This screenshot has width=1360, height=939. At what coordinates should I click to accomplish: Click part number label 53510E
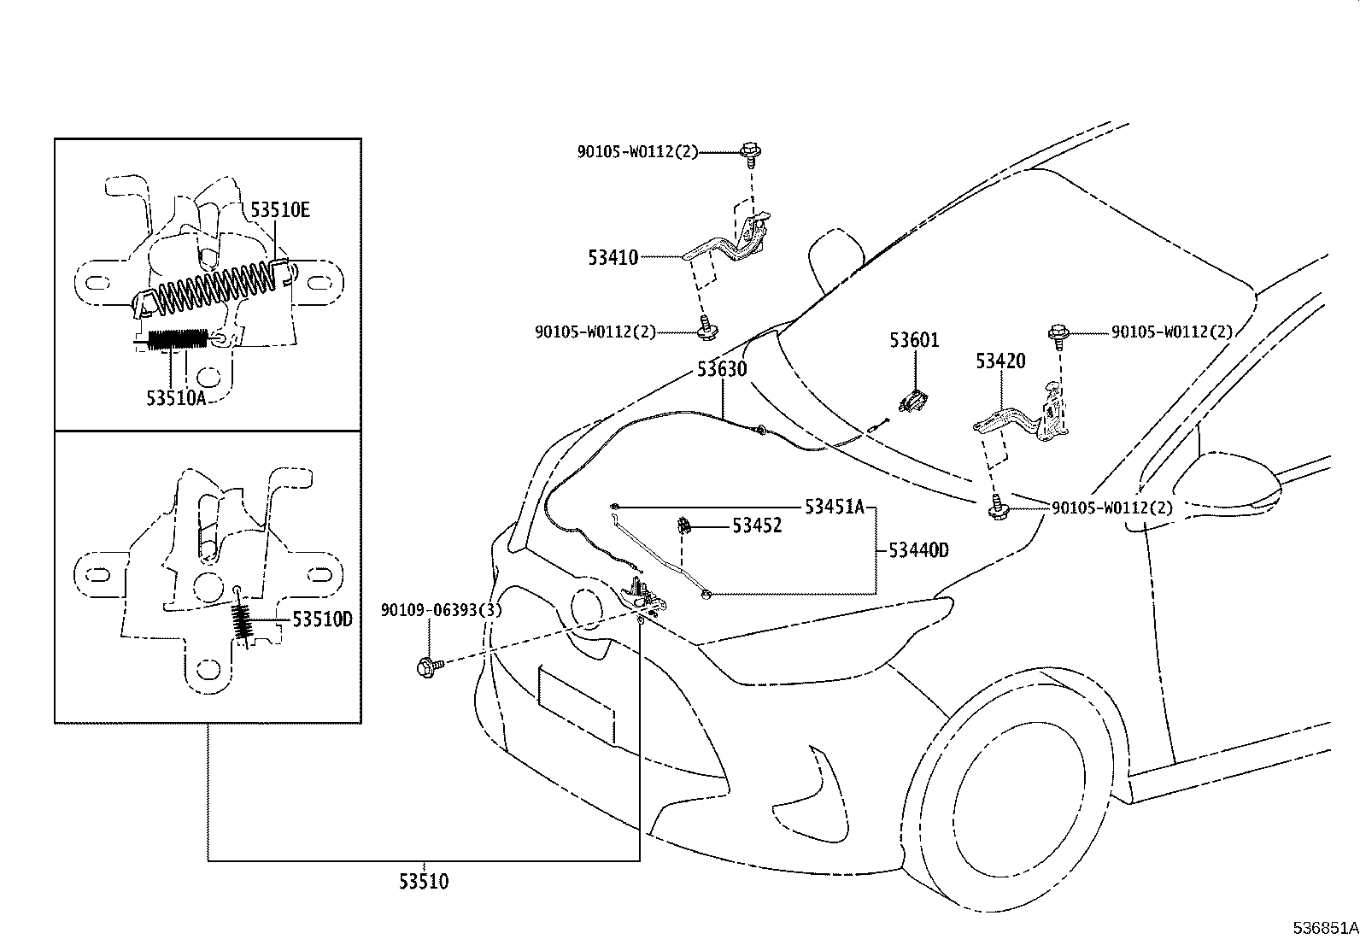[279, 209]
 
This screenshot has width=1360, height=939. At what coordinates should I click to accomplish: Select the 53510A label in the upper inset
[176, 397]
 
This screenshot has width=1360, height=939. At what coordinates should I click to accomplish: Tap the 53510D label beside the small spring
[322, 619]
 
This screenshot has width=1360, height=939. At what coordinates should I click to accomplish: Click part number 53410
[613, 256]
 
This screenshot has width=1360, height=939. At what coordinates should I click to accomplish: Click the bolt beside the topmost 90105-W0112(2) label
[751, 152]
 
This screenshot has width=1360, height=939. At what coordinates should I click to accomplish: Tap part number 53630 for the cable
[721, 369]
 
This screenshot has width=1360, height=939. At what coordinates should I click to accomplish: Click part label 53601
[913, 340]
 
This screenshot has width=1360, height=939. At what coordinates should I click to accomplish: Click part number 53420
[1000, 361]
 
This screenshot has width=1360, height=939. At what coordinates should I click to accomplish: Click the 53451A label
[835, 507]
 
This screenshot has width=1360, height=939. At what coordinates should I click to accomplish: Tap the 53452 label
[756, 526]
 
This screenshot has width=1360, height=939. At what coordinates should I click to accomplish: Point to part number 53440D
[918, 550]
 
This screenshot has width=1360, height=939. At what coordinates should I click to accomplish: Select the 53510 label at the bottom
[423, 881]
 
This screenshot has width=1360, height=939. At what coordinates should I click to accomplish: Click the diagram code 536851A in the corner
[1324, 927]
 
